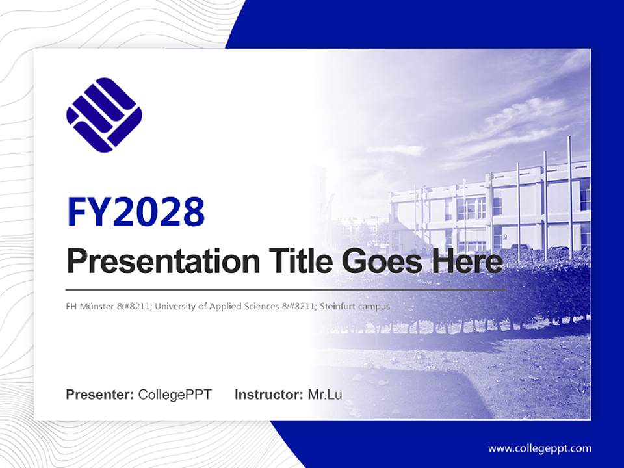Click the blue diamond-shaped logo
click(104, 115)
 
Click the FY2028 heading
click(136, 212)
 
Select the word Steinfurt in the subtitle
click(341, 306)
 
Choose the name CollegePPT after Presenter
click(175, 395)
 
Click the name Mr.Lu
click(325, 395)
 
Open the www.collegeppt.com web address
click(539, 448)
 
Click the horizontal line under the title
click(286, 289)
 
